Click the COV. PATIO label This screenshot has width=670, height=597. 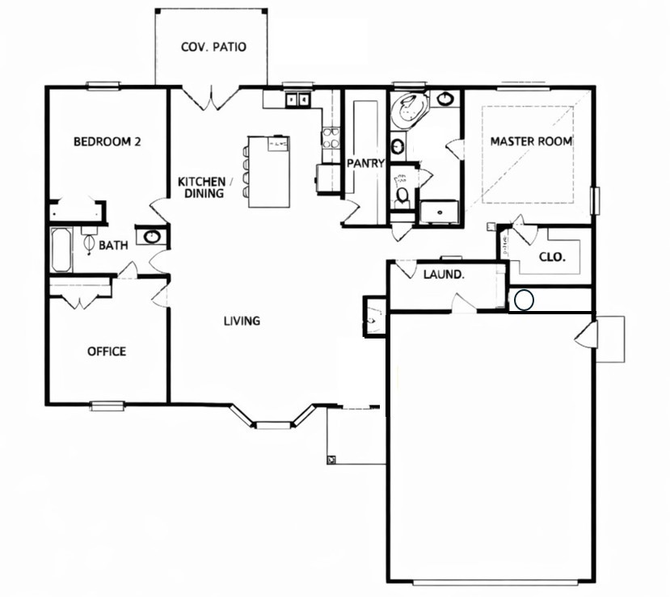click(213, 47)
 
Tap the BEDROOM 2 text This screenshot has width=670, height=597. click(107, 141)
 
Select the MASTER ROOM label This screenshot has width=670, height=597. click(531, 141)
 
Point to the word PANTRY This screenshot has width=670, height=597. click(364, 163)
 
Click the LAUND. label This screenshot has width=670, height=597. click(444, 275)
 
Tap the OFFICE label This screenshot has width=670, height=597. click(107, 351)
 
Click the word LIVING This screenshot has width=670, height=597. click(242, 321)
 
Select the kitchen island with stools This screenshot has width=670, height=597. click(268, 170)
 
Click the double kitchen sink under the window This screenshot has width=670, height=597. click(297, 100)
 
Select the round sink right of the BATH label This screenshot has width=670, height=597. click(151, 237)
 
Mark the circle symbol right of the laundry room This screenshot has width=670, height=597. click(524, 301)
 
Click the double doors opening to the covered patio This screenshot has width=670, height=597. click(210, 99)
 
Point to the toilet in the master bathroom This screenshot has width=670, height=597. click(402, 194)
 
